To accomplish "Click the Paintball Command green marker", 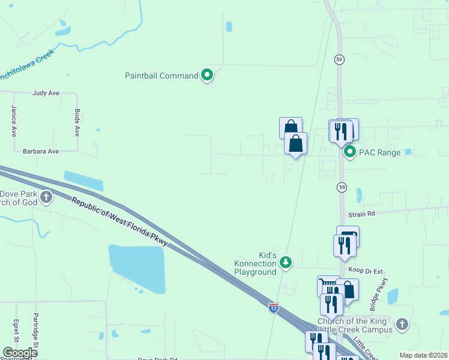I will point(208,76).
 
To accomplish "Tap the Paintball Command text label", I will point(161,76).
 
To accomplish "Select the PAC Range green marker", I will point(351,152).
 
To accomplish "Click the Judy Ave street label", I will point(46,93).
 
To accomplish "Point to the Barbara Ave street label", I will point(41,152).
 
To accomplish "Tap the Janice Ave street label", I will point(13,121).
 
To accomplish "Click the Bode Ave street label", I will point(77,122).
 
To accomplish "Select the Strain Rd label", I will point(361,214).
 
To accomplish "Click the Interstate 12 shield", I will point(274,308).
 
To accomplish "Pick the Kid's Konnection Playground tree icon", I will point(286,262).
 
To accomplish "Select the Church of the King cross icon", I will point(402,325).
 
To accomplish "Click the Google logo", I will point(20,353).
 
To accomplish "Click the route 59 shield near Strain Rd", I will point(341,187).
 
